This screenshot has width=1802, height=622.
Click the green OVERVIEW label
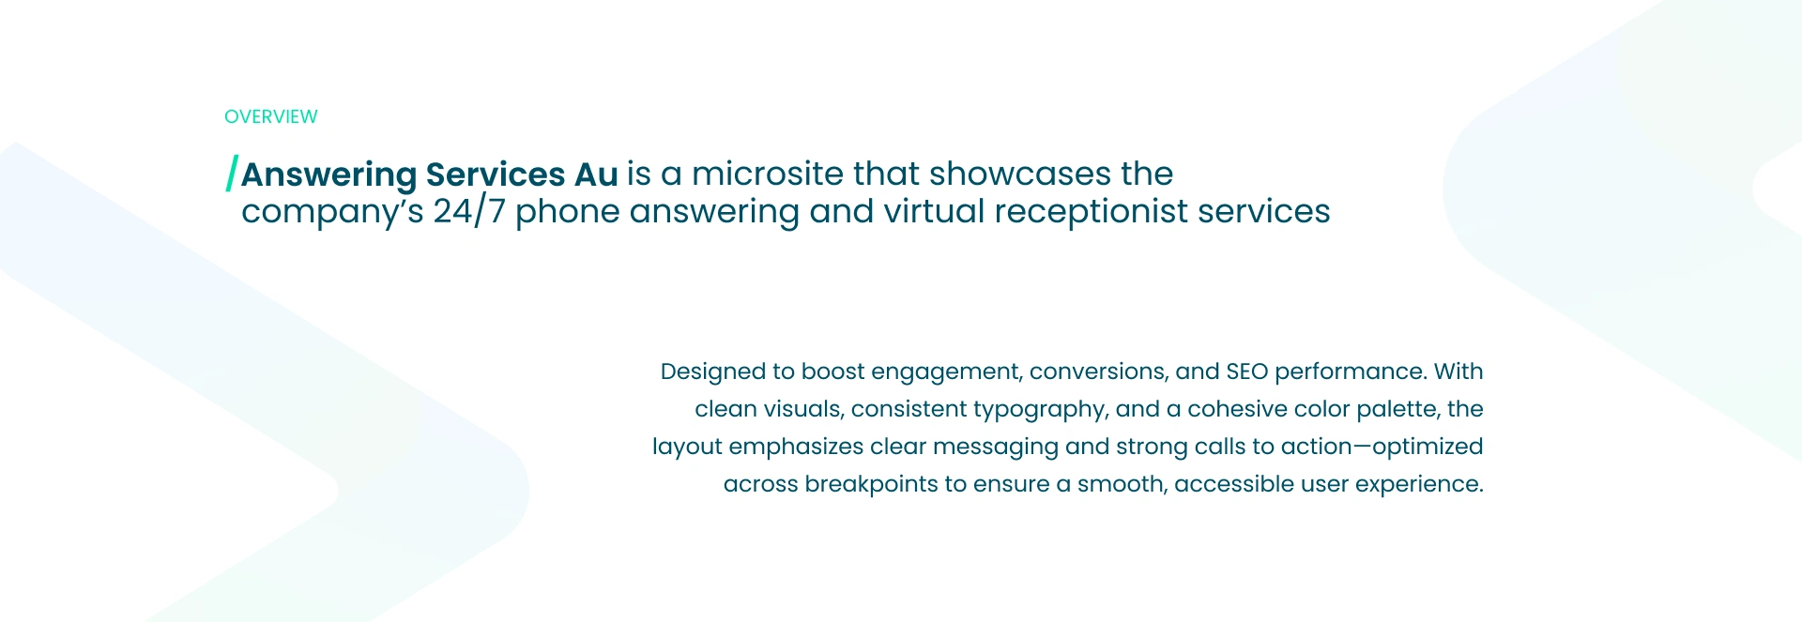coord(270,116)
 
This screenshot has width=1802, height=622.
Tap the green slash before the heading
coord(232,174)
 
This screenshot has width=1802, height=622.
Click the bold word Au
coord(596,174)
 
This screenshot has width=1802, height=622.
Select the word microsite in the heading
coord(768,174)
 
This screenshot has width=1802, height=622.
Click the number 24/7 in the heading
coord(469,212)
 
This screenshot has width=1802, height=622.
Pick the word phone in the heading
coord(568,213)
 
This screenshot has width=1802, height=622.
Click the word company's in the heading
coord(332,213)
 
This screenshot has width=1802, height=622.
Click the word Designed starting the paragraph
coord(713,372)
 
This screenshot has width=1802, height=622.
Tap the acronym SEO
coord(1247,372)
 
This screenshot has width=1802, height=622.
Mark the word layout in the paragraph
coord(687,448)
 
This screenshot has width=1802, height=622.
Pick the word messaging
coord(996,448)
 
